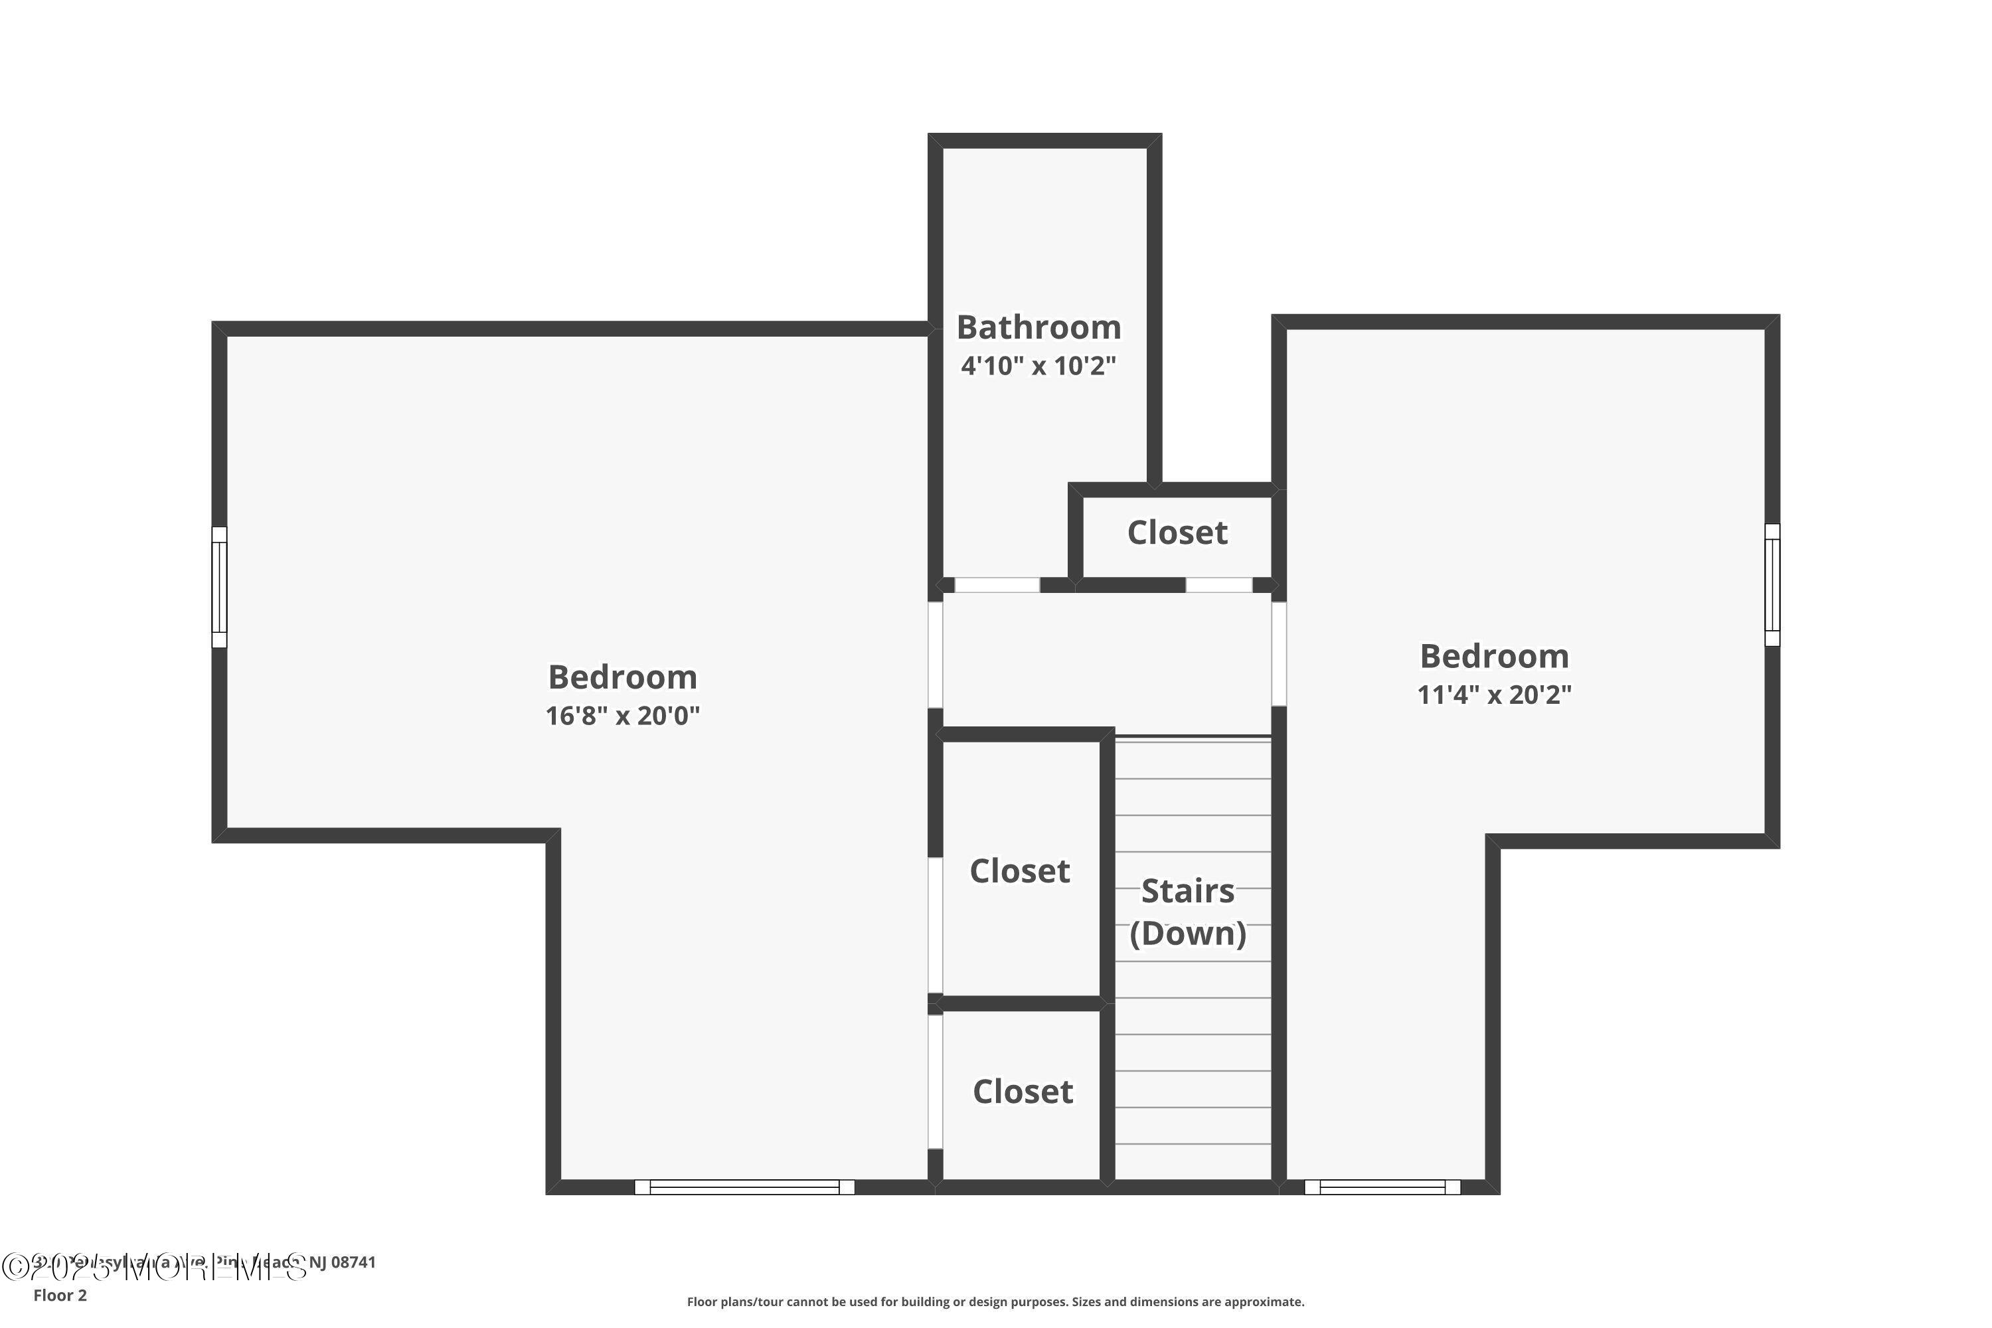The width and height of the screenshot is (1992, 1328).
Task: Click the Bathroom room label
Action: point(1038,327)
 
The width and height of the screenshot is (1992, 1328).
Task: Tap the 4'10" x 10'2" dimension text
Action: point(1038,366)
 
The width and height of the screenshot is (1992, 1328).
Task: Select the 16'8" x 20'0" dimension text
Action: point(623,716)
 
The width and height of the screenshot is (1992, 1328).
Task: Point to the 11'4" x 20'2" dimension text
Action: point(1494,695)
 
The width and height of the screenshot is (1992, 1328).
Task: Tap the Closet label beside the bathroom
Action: point(1177,533)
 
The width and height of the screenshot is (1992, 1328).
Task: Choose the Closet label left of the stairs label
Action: point(1020,871)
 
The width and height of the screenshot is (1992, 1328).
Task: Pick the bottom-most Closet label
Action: point(1023,1092)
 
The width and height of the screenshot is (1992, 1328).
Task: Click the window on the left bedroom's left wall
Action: point(219,587)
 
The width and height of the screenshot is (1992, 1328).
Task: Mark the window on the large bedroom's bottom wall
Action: point(744,1187)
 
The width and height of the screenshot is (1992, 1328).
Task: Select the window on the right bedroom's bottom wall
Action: point(1382,1187)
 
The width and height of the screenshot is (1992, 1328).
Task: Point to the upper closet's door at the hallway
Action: point(1218,585)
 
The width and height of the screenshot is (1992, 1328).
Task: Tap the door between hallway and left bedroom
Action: point(935,654)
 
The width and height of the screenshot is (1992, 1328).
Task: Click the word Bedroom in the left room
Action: point(623,677)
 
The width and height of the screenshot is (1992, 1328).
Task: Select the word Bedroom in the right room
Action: point(1494,657)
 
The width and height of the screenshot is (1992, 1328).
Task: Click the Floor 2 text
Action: point(60,1295)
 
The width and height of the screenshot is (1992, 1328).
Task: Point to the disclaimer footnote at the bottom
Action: point(995,1301)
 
